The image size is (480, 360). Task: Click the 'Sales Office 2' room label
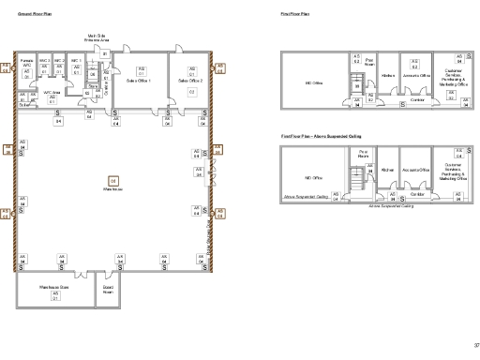tap(191, 81)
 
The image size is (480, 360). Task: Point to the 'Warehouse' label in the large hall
tap(113, 188)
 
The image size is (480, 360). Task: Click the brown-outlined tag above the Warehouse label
tap(113, 180)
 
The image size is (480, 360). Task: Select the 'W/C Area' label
tap(52, 93)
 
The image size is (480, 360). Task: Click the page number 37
tap(474, 341)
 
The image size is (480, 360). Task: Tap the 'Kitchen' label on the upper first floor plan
tap(386, 75)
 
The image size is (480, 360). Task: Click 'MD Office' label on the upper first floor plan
tap(314, 83)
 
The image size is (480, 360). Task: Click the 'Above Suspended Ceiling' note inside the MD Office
tap(305, 198)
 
